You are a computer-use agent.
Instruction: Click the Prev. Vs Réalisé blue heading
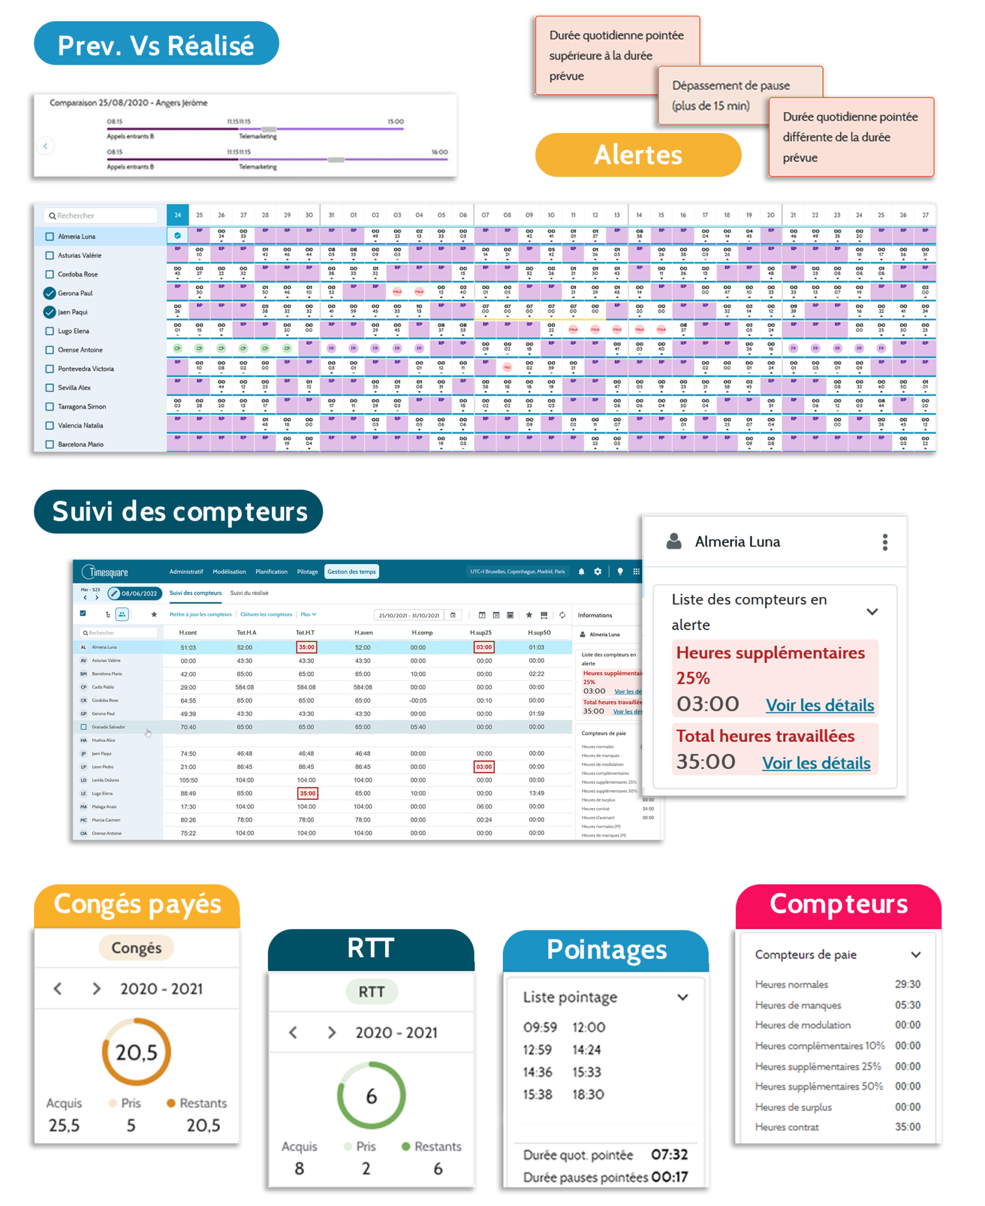coord(156,44)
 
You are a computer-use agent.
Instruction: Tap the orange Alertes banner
coord(638,155)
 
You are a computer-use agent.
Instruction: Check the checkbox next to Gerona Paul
coord(49,293)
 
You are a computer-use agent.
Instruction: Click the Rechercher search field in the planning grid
coord(101,216)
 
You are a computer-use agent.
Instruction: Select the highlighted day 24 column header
coord(177,215)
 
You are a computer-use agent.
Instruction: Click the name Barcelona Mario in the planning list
coord(81,444)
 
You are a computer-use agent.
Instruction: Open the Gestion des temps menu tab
coord(351,571)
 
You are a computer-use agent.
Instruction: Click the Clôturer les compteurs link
coord(266,614)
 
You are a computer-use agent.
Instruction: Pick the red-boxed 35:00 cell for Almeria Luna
coord(306,647)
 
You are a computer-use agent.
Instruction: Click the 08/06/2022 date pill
coord(135,593)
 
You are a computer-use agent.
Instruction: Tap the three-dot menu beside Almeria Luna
coord(885,542)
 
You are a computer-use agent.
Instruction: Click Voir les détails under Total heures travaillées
coord(816,763)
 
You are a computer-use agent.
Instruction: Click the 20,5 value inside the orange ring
coord(137,1052)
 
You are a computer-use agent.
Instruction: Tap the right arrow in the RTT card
coord(332,1032)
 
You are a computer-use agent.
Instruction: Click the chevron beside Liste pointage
coord(682,997)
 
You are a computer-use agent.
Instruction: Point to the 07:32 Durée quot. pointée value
coord(669,1155)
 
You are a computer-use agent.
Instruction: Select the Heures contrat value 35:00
coord(907,1127)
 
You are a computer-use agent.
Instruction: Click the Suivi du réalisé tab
coord(249,593)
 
